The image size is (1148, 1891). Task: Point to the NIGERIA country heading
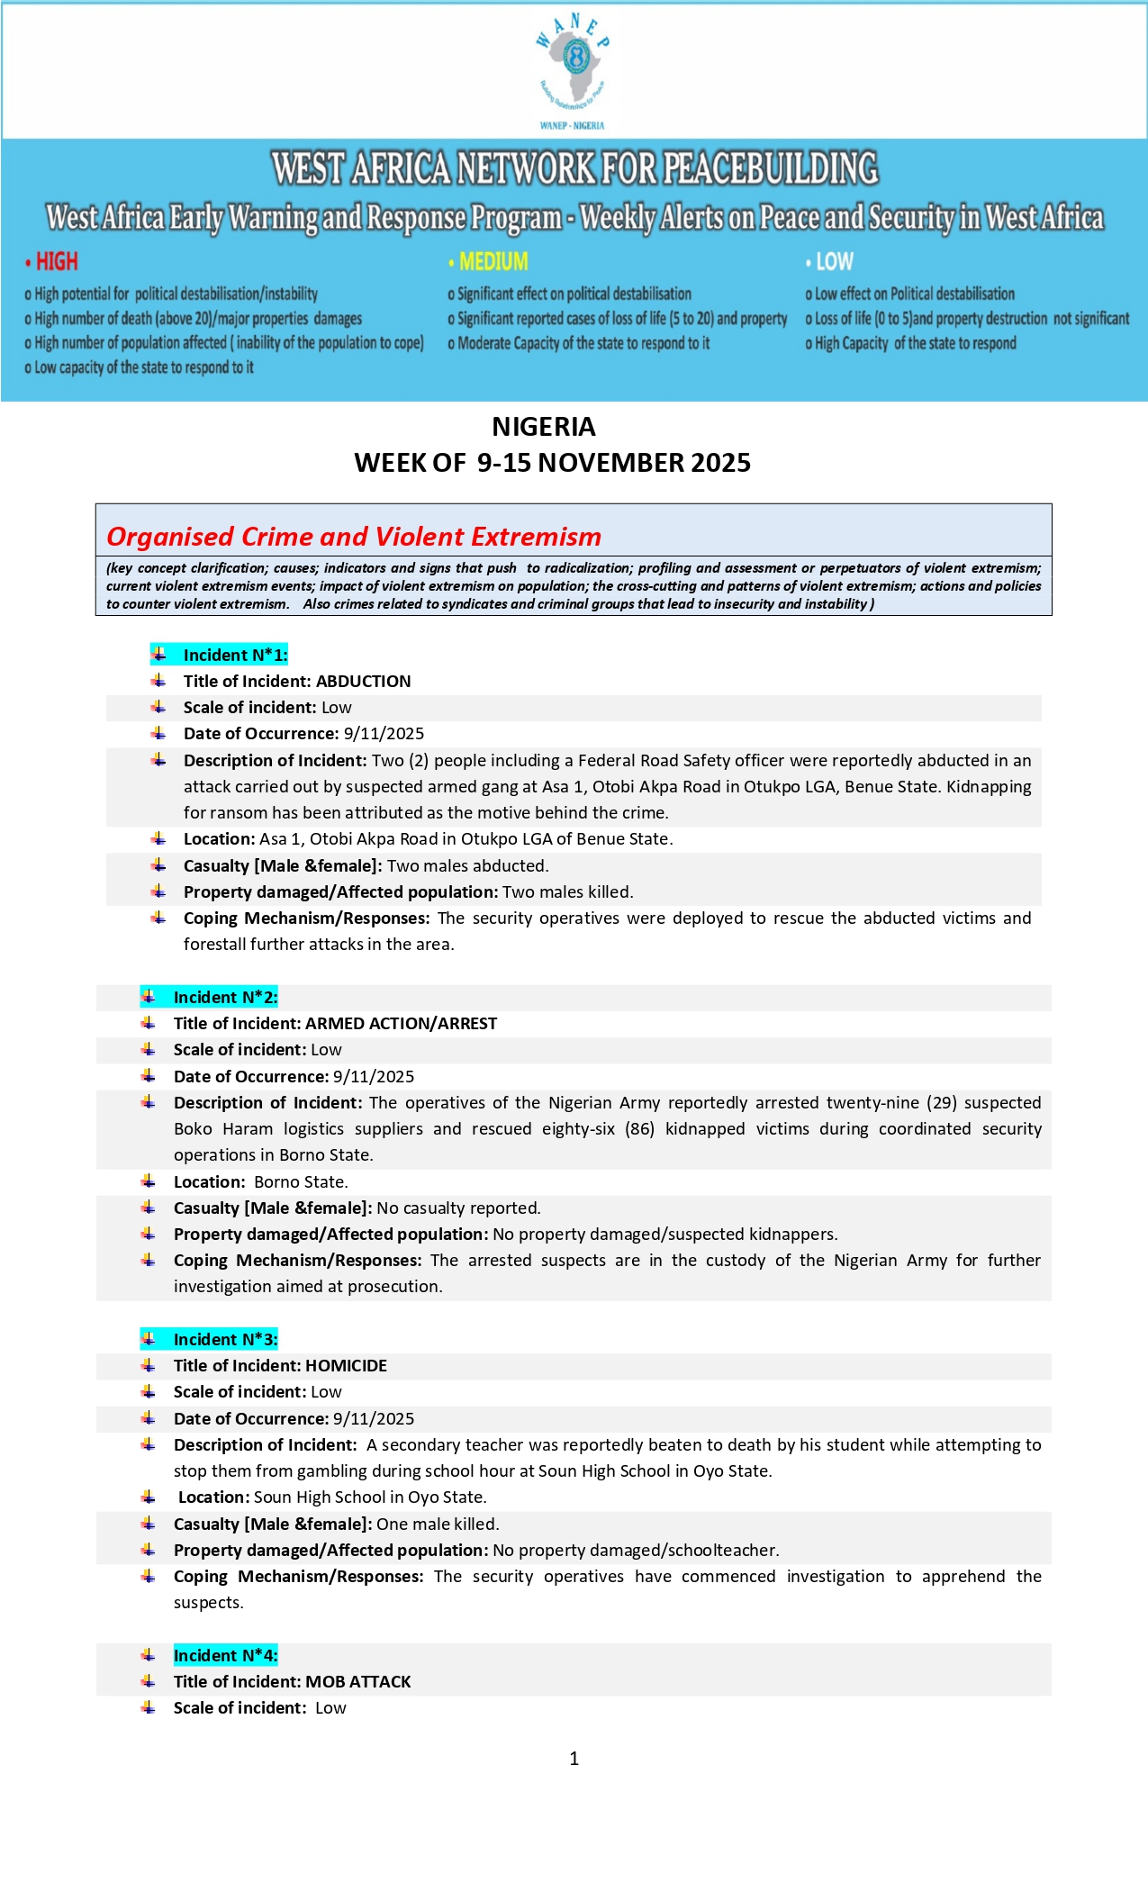coord(544,427)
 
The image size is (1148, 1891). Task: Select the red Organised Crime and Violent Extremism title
coord(354,537)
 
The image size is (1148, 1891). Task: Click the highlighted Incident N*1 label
coord(235,655)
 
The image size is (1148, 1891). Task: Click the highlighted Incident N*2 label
coord(225,997)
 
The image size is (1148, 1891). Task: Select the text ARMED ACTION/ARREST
coord(401,1024)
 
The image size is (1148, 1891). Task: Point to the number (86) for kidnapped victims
coord(639,1129)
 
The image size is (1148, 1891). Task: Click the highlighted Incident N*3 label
coord(225,1339)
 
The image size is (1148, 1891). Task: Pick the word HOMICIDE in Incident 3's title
coord(346,1366)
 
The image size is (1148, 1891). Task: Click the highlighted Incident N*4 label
coord(225,1655)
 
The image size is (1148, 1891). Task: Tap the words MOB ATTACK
coord(357,1682)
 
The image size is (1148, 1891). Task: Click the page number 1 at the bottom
coord(574,1759)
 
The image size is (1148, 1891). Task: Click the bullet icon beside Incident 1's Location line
coord(158,839)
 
